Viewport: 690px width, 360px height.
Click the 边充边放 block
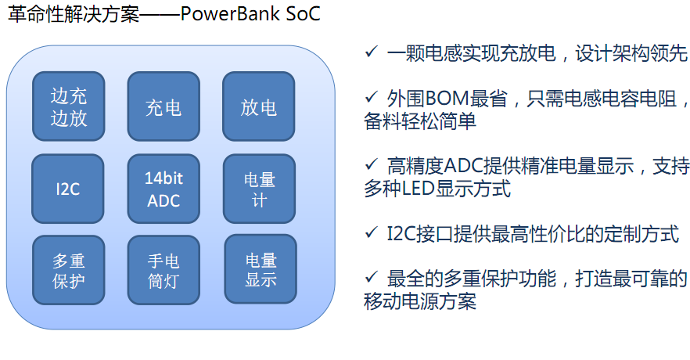point(69,106)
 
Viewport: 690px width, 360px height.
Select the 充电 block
point(164,106)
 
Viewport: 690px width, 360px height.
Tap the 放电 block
point(259,106)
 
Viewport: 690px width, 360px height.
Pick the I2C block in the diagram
point(68,189)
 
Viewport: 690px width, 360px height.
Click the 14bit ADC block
point(164,189)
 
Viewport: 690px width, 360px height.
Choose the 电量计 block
point(259,189)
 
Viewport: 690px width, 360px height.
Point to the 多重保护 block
point(69,270)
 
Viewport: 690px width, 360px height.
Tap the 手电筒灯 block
point(164,270)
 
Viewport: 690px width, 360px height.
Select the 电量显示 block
point(261,269)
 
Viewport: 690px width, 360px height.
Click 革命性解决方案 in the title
point(74,14)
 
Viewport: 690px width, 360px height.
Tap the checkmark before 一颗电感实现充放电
point(371,52)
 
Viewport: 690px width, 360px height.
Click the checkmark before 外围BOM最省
point(371,96)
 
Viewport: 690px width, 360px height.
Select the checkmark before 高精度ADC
point(371,164)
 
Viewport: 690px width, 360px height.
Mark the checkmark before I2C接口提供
point(371,232)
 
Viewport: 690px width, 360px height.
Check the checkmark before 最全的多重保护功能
point(371,277)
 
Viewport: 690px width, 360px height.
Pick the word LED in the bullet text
point(418,189)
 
